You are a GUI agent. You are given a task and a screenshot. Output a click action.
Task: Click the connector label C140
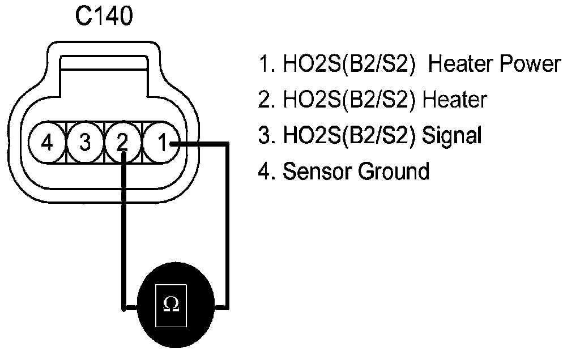pos(104,16)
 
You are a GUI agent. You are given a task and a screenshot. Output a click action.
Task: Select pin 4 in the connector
pos(47,142)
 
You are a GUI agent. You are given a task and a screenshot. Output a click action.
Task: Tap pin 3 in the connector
pos(85,142)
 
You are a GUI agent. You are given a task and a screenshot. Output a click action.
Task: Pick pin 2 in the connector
pos(123,142)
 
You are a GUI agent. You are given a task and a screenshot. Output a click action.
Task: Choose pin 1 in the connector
pos(161,142)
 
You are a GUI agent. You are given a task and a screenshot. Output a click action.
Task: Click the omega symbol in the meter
pos(171,304)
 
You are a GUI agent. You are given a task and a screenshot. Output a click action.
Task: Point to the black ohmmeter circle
pos(176,305)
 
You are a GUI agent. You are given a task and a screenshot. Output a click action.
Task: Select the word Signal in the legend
pos(451,135)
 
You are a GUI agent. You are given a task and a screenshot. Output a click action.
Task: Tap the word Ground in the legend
pos(394,171)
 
